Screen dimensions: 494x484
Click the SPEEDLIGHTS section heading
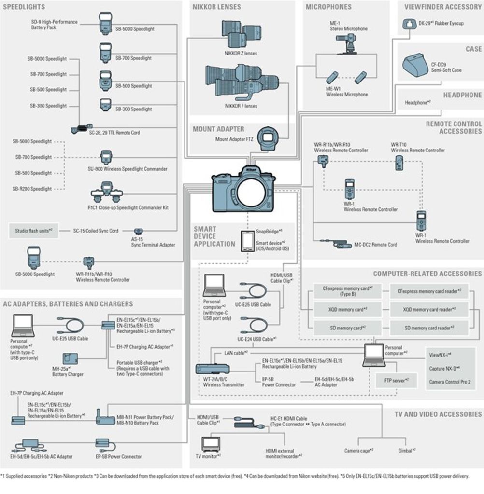(x=24, y=7)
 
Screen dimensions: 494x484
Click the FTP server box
(x=396, y=380)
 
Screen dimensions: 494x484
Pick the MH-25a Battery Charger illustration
(x=70, y=359)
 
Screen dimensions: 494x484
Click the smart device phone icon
(x=247, y=240)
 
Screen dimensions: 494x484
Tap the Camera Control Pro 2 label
(x=449, y=382)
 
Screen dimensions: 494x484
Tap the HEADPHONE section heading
(x=462, y=95)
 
